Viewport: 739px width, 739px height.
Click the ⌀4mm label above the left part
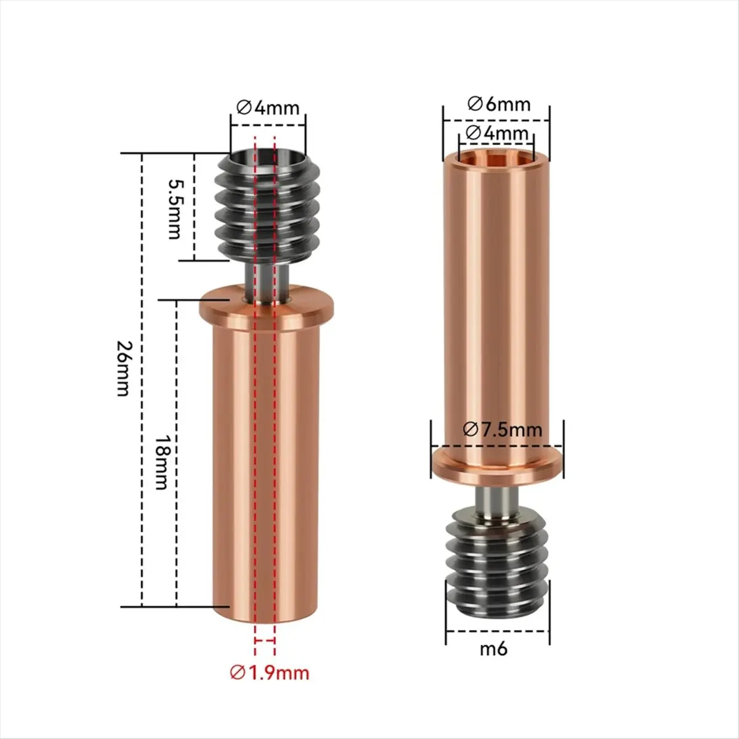click(x=268, y=108)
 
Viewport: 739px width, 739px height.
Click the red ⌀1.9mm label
click(x=269, y=672)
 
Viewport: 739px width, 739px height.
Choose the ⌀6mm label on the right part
click(x=498, y=103)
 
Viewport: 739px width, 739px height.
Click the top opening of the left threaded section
click(x=267, y=158)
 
